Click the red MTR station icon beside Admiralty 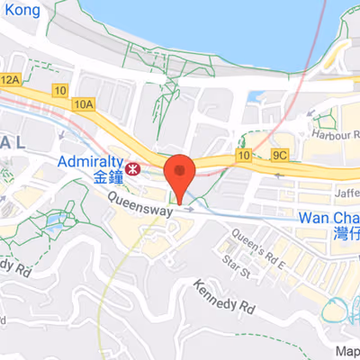pos(133,168)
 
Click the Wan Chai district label pos(328,218)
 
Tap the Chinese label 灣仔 pos(342,234)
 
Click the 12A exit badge pos(10,81)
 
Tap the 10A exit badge pos(84,104)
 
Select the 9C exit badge pos(281,156)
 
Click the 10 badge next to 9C pos(243,156)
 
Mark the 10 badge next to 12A pos(59,90)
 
